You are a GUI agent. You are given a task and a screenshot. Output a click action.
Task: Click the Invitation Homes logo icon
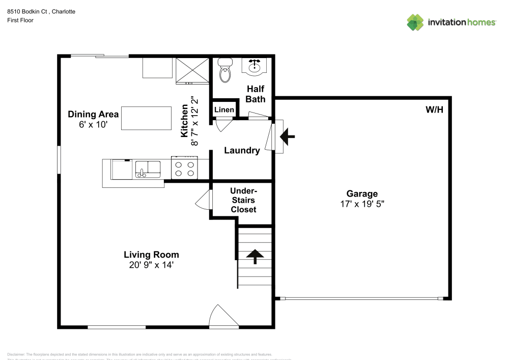[x=415, y=22]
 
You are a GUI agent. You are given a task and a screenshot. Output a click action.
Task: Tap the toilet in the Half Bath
[x=224, y=70]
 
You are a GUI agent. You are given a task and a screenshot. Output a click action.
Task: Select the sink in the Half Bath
[x=254, y=66]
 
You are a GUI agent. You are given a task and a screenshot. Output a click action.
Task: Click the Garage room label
[x=362, y=193]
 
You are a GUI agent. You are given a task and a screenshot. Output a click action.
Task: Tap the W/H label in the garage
[x=434, y=109]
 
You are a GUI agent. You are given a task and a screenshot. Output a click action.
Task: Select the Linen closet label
[x=224, y=110]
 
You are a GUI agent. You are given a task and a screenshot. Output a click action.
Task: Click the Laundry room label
[x=242, y=150]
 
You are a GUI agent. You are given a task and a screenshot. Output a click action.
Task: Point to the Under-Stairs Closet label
[x=243, y=200]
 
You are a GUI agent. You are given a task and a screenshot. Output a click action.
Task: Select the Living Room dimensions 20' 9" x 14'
[x=151, y=265]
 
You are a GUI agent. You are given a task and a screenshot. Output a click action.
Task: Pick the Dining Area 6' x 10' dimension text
[x=93, y=124]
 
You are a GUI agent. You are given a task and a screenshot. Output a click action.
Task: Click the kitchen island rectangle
[x=146, y=118]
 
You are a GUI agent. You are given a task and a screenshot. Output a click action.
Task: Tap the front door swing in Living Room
[x=224, y=316]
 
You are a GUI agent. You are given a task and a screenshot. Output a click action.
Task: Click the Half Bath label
[x=255, y=94]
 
